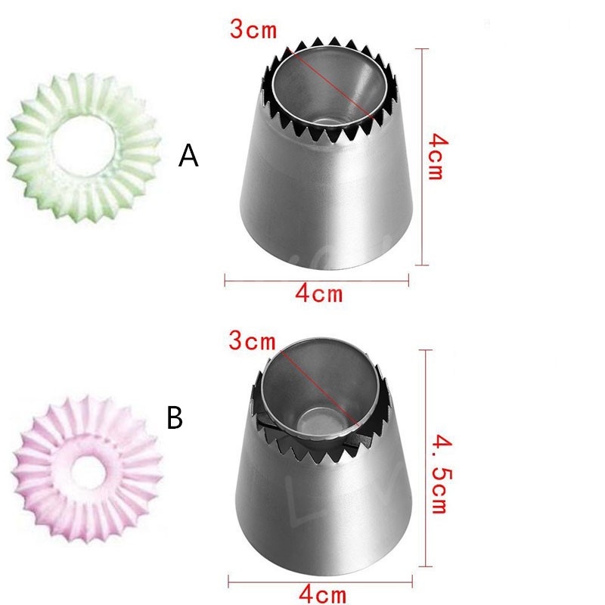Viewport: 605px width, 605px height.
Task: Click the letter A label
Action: point(188,155)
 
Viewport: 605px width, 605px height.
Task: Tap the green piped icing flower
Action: point(84,147)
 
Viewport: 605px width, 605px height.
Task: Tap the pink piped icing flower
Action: point(87,469)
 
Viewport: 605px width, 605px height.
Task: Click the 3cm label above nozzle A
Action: point(253,29)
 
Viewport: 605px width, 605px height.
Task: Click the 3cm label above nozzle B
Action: point(253,341)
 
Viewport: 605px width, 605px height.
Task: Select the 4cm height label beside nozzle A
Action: point(437,157)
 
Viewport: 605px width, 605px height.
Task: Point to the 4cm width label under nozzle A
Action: point(319,293)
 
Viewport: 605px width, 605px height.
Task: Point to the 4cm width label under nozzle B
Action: point(323,594)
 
